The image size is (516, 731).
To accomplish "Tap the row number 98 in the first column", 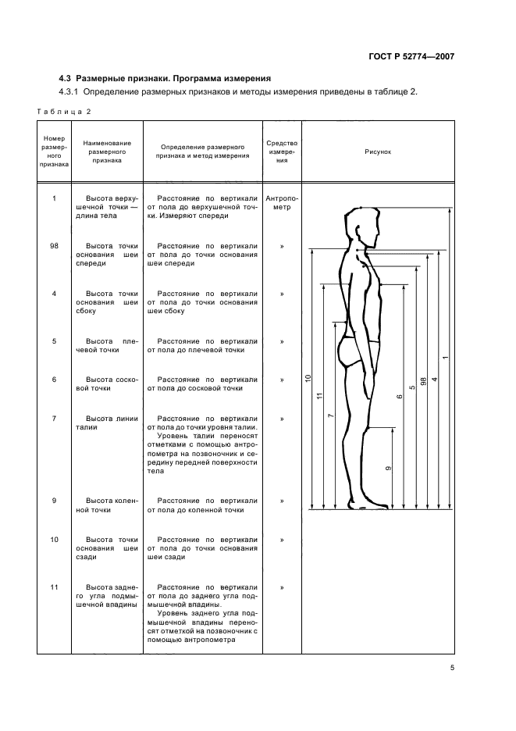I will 54,246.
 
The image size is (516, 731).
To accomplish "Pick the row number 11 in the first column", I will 54,587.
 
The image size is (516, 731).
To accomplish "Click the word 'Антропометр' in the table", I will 281,203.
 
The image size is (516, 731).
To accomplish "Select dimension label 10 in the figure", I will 308,378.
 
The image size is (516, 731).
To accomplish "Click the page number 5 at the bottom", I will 452,667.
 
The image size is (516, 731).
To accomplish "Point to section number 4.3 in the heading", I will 66,78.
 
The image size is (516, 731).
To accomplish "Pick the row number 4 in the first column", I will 54,294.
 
